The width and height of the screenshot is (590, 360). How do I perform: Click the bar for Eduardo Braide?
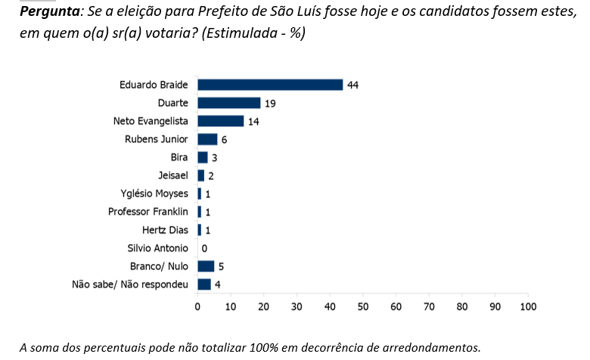point(270,85)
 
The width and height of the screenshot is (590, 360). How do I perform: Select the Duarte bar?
point(228,103)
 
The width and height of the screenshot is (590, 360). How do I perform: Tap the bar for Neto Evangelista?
point(220,121)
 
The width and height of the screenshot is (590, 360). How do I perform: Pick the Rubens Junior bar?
point(207,139)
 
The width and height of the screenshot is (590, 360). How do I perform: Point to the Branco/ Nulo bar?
point(206,266)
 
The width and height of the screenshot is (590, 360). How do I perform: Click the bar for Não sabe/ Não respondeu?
point(204,284)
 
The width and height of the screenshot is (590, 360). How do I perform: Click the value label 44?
point(352,85)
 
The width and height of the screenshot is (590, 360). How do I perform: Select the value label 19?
point(269,103)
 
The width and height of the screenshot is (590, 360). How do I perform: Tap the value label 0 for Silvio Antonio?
point(204,248)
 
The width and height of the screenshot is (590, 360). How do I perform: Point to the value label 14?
point(253,121)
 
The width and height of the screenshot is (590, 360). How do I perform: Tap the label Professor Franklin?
point(147,212)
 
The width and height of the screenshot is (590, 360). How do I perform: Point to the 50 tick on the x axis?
point(363,307)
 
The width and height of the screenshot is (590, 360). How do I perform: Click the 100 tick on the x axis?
point(528,307)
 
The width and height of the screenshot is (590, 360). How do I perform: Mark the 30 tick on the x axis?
point(297,307)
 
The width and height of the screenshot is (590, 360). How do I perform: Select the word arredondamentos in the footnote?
point(433,348)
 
